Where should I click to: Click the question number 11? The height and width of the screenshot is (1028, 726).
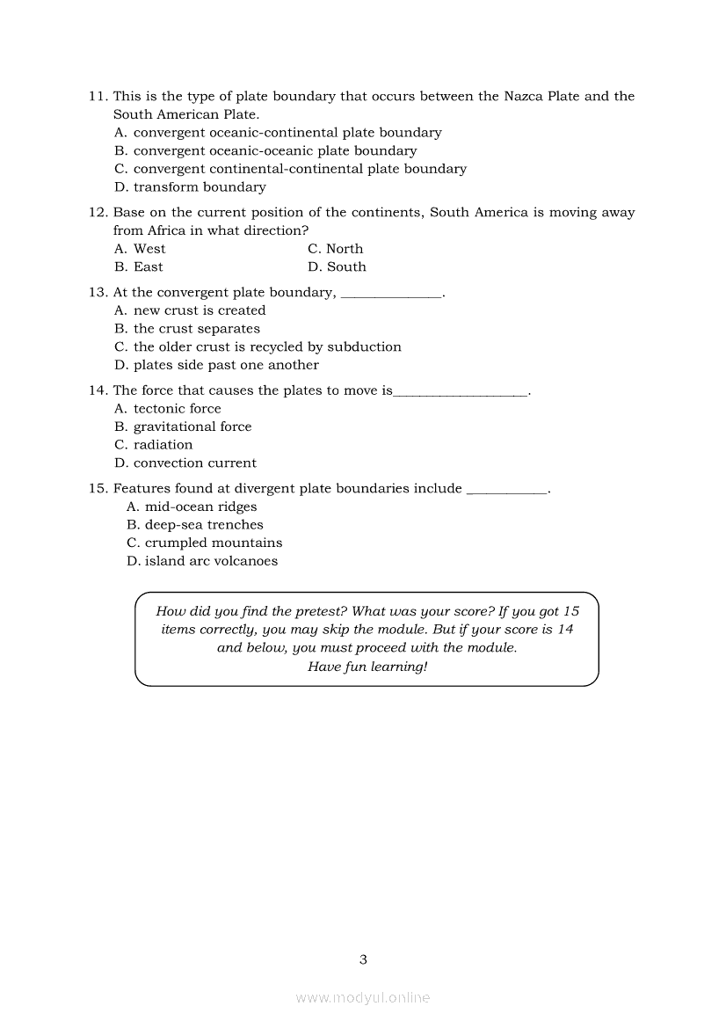click(98, 97)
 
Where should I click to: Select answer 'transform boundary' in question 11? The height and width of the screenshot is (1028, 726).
click(200, 187)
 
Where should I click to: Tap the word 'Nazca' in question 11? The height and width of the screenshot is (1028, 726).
click(524, 97)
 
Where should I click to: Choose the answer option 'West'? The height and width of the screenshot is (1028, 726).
click(149, 249)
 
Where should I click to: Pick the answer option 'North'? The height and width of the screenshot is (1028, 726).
click(345, 249)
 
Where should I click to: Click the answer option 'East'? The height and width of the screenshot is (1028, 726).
click(149, 267)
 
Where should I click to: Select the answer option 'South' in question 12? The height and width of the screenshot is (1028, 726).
click(346, 267)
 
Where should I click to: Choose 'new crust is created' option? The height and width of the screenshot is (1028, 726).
click(199, 310)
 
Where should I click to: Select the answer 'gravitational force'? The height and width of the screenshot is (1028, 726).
click(192, 427)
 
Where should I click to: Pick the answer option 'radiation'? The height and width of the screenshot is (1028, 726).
click(163, 445)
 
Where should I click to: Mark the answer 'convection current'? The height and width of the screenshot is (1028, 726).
click(194, 463)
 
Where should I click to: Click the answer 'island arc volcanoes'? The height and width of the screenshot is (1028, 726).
click(211, 562)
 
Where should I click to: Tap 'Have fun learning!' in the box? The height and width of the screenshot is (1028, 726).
click(367, 667)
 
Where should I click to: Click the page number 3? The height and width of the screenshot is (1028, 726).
click(363, 959)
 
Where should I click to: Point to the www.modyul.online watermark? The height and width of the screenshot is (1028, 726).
click(363, 998)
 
